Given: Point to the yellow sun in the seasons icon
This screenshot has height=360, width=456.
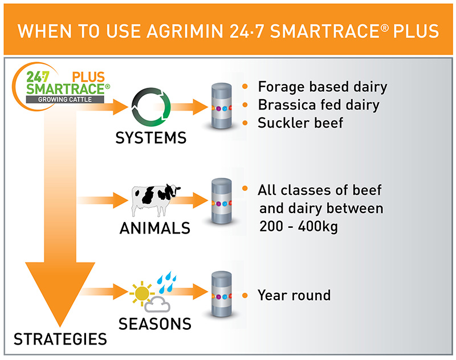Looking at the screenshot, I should (x=141, y=294).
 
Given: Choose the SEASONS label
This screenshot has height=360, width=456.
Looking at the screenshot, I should (x=154, y=324).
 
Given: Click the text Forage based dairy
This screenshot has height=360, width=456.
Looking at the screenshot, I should (x=323, y=87).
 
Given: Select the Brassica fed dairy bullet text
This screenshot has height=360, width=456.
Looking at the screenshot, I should (x=319, y=105).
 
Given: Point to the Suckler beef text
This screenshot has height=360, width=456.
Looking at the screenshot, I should (x=300, y=122).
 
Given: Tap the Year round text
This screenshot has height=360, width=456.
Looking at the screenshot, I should (x=294, y=296).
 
